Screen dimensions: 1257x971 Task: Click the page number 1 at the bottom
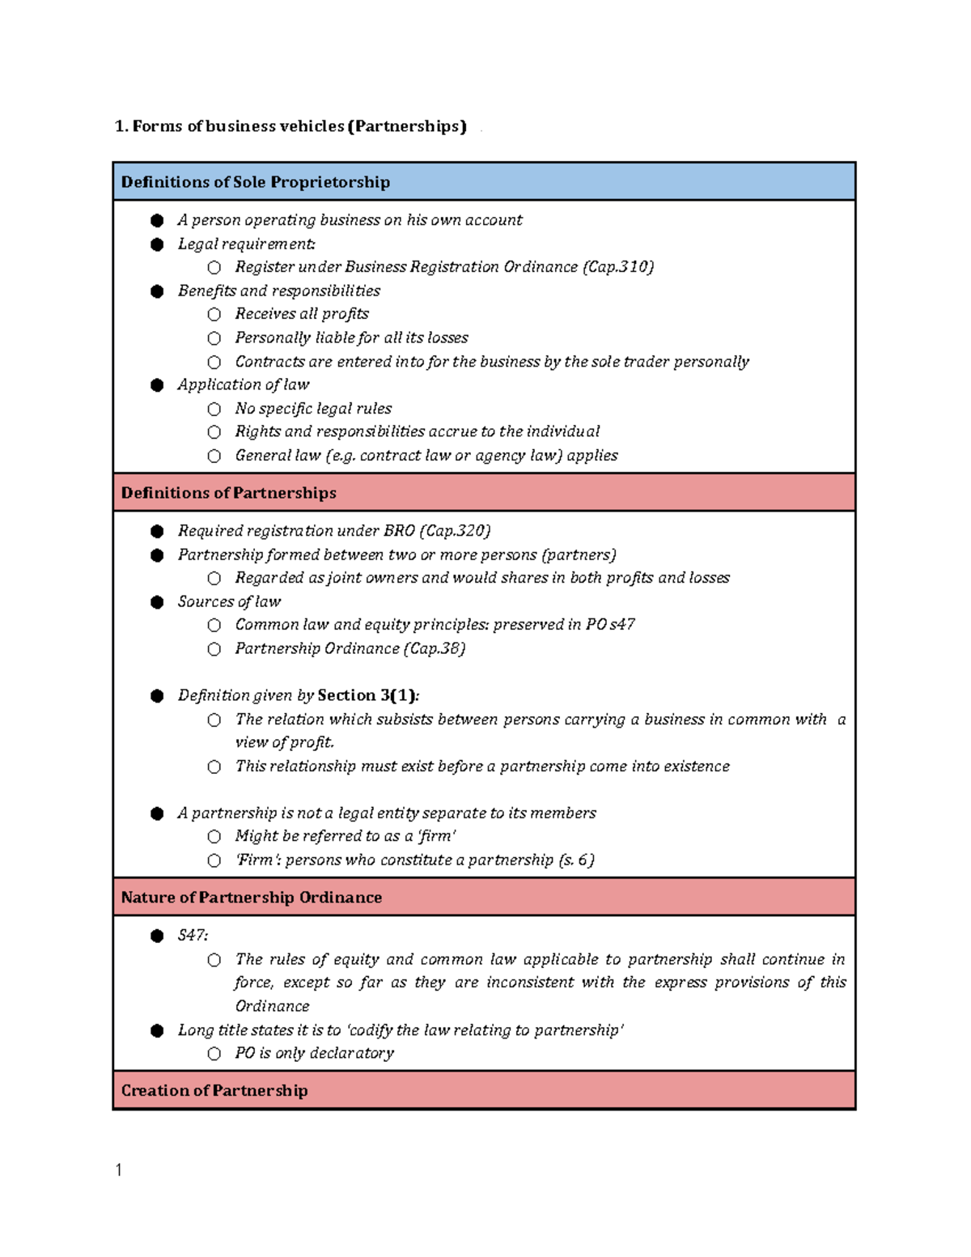119,1170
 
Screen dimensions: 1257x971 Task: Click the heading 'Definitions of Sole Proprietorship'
255,182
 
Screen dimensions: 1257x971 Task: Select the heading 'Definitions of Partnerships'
228,493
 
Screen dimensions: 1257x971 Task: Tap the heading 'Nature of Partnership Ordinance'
251,898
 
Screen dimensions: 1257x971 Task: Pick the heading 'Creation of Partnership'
214,1090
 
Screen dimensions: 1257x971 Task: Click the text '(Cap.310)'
617,267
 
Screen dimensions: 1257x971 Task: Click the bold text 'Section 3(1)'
367,695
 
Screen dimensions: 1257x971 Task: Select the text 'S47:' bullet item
193,936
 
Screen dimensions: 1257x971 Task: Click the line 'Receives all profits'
302,314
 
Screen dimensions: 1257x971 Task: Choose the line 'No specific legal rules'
313,409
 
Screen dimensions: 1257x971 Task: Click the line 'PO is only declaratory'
314,1053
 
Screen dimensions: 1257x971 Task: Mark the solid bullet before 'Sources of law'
157,602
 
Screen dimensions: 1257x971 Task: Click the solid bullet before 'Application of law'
157,385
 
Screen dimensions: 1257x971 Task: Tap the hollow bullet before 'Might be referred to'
214,836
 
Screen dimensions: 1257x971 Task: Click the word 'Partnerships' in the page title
407,126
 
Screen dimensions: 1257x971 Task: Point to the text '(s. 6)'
576,860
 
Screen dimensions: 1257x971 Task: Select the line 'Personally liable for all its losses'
351,338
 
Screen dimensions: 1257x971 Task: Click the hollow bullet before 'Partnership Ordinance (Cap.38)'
214,649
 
